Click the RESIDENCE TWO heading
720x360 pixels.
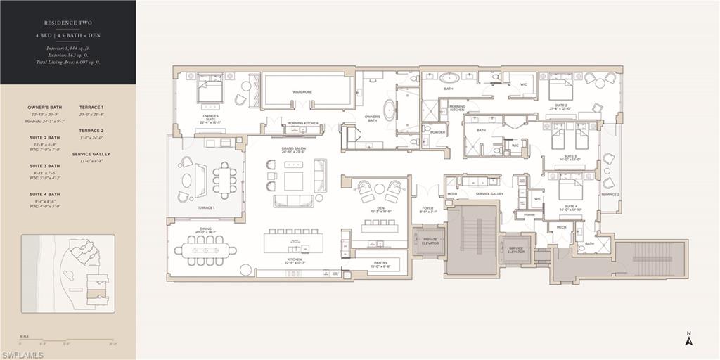pyautogui.click(x=69, y=22)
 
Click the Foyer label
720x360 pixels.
pyautogui.click(x=427, y=209)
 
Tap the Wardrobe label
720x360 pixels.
pyautogui.click(x=307, y=92)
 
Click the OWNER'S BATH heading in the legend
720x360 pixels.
pyautogui.click(x=44, y=108)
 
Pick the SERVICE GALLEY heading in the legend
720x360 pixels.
pyautogui.click(x=91, y=154)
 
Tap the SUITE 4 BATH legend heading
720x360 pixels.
pyautogui.click(x=44, y=194)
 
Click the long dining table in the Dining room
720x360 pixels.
pyautogui.click(x=205, y=250)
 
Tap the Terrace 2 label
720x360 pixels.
pyautogui.click(x=610, y=195)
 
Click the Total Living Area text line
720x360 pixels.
pyautogui.click(x=69, y=62)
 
